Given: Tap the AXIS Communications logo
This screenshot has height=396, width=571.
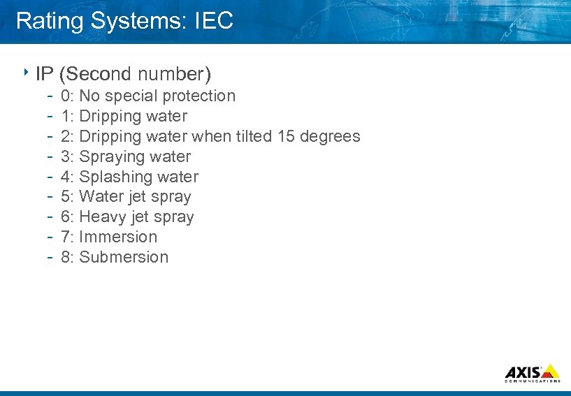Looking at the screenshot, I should coord(532,373).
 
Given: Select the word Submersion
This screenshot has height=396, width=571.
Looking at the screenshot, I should coord(124,257).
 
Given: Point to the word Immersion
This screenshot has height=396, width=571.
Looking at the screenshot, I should coord(118,237).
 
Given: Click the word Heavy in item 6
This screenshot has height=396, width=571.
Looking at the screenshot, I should coord(101,217).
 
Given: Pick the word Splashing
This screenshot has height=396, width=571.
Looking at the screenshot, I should coord(113,177).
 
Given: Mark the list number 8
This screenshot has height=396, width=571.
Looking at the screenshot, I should coord(65,257).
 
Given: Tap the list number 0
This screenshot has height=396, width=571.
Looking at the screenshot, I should coord(65,96).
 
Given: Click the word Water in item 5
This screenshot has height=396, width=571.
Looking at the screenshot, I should coord(100,196).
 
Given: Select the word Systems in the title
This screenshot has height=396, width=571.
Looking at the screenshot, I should coord(139,21).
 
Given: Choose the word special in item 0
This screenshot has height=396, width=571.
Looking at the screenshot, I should coord(132,96).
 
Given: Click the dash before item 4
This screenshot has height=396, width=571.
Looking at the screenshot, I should coord(51,177).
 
